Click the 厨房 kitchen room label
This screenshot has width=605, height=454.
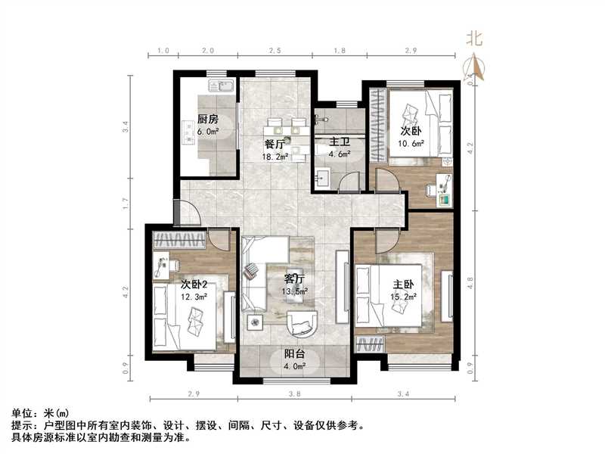[208, 120]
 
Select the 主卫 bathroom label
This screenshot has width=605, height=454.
[327, 141]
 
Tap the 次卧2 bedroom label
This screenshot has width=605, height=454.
[194, 284]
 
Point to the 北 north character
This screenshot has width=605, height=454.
[475, 37]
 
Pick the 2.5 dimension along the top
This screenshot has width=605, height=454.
[275, 51]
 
